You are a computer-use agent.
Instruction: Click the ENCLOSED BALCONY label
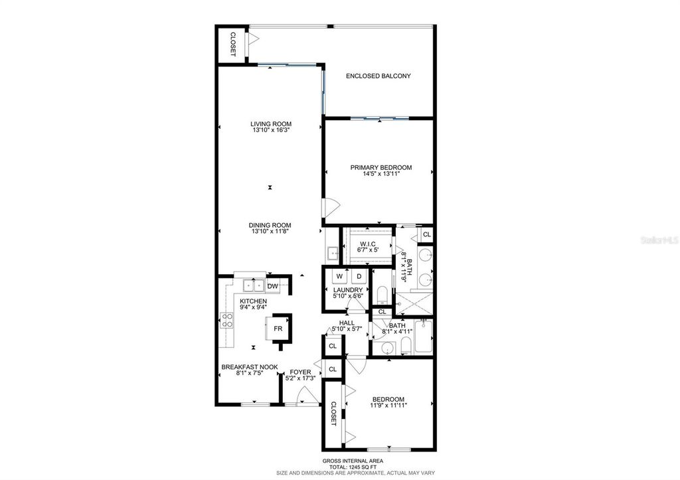tap(378, 76)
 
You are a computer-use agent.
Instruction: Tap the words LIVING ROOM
tap(271, 123)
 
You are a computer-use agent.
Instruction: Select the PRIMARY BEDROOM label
tap(381, 167)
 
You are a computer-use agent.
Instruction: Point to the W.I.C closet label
tap(367, 244)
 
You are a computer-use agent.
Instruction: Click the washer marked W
tap(339, 276)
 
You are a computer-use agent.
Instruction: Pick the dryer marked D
tap(359, 276)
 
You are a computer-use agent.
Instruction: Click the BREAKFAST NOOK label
tap(249, 367)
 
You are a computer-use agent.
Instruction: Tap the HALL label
tap(347, 323)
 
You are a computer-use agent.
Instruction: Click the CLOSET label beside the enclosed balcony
tap(232, 44)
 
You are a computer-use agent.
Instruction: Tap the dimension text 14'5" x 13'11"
tap(381, 175)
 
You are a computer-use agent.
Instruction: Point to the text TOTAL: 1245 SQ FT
tap(352, 466)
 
